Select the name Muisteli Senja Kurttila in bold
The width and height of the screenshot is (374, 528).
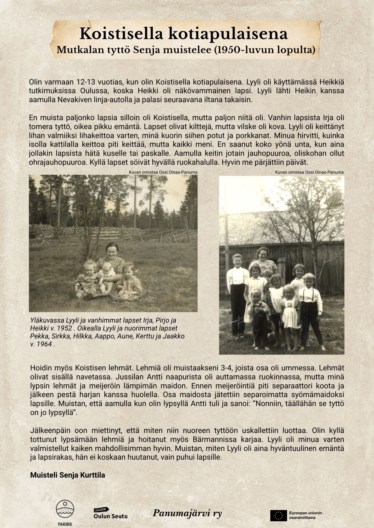(68, 475)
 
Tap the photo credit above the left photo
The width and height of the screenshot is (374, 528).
(163, 172)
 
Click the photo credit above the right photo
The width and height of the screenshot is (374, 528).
(309, 172)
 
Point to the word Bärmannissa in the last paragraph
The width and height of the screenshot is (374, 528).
(233, 440)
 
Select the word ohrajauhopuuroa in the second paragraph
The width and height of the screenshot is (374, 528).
(55, 161)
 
